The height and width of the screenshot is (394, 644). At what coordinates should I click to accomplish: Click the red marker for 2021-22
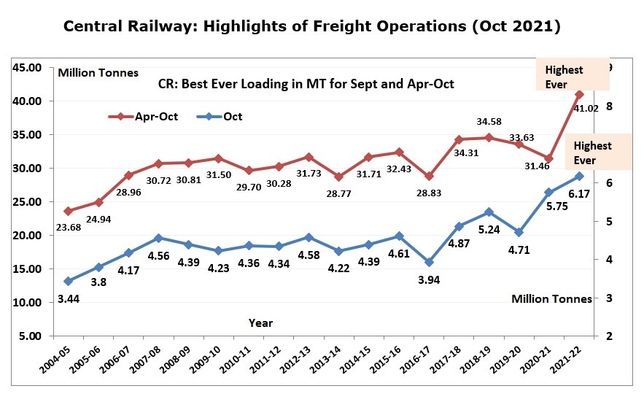(579, 94)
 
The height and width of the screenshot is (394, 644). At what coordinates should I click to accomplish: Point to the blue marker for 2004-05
(68, 281)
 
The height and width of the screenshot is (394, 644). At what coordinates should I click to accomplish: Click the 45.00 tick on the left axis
(28, 68)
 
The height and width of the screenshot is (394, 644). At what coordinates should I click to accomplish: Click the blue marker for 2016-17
(429, 262)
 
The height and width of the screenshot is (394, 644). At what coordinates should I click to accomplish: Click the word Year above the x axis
(260, 322)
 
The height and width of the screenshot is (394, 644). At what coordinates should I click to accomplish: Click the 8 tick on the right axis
(608, 107)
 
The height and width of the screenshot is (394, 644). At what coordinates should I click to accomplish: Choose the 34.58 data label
(490, 120)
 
